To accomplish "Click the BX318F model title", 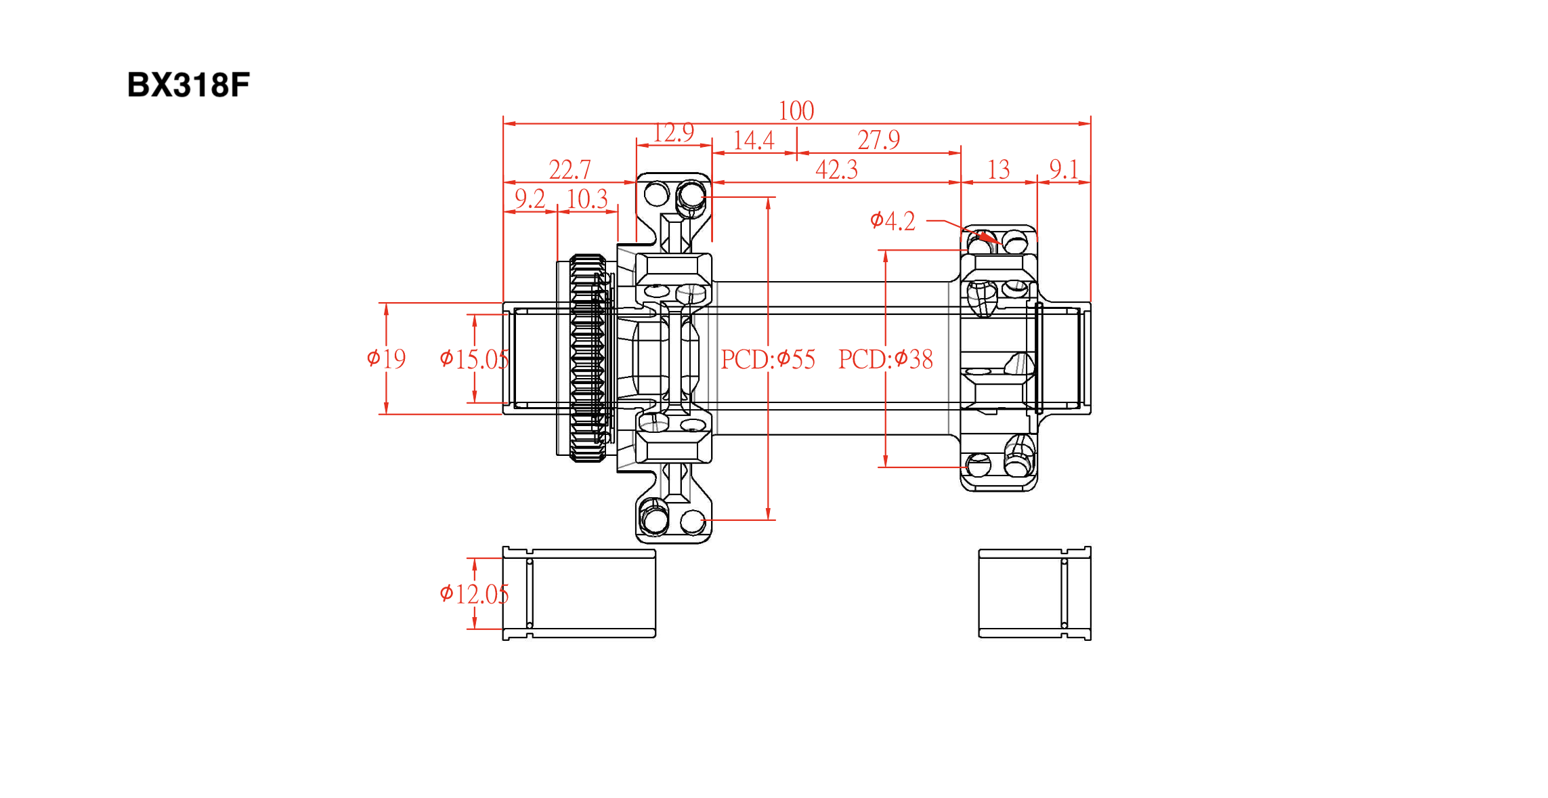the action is pos(188,85).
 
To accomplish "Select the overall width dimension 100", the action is pos(796,110).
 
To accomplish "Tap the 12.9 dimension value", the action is pos(673,132).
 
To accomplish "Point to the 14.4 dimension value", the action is pos(754,140).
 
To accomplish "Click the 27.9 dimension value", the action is pos(878,140).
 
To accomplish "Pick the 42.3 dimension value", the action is pos(836,169).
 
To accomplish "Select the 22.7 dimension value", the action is pos(569,169).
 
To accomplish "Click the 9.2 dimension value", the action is pos(530,199).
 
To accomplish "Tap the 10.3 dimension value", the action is pos(587,199).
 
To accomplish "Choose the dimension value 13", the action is pos(998,169).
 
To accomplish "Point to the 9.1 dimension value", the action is pos(1063,169).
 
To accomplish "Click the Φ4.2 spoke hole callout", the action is pos(893,221).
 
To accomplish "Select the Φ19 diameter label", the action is pos(386,358).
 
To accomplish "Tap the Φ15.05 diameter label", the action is pos(474,359).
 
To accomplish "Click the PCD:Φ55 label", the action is pos(768,359).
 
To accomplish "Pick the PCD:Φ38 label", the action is pos(886,359).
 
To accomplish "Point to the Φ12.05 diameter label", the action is pos(474,594).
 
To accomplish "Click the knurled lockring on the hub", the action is pos(587,358).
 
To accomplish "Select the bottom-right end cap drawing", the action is pos(1035,593).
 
